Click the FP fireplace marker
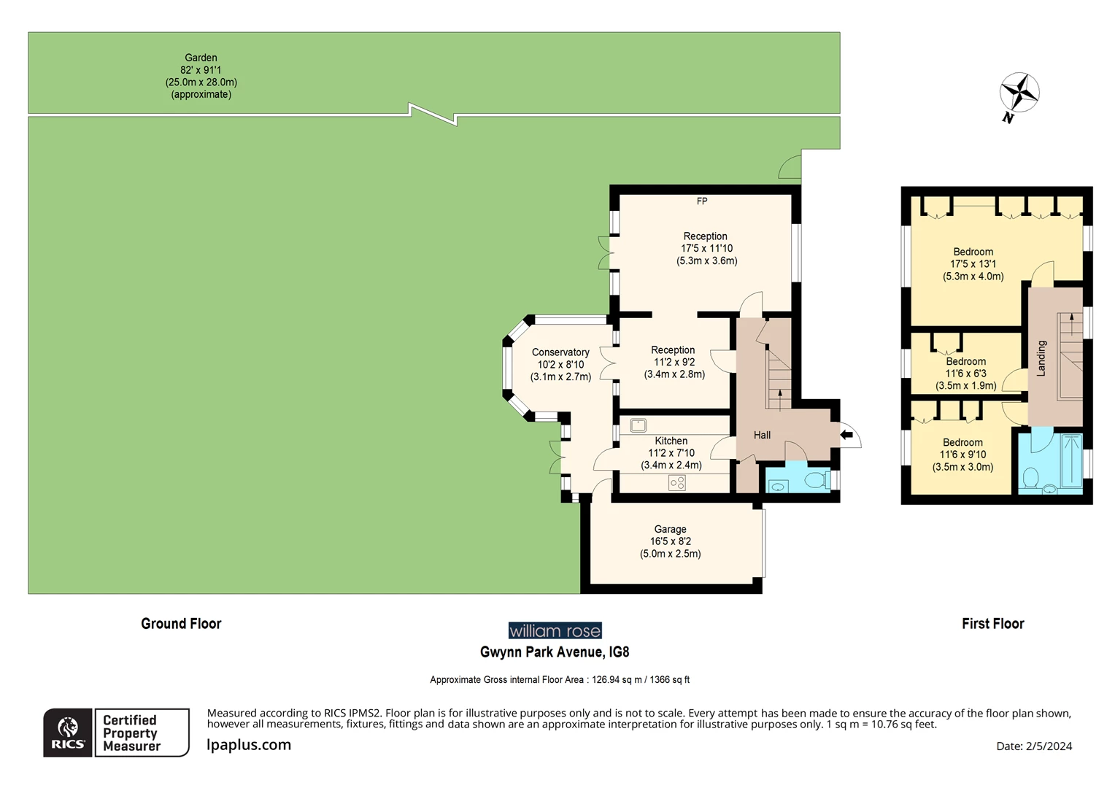tap(702, 201)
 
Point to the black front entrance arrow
tap(846, 435)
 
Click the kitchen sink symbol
tap(638, 425)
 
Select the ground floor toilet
tap(817, 480)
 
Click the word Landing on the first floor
tap(1041, 358)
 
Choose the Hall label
tap(762, 435)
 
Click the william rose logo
tap(555, 630)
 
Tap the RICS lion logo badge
tap(68, 733)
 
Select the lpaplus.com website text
tap(249, 745)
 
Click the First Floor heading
tap(993, 624)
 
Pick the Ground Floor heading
tap(181, 624)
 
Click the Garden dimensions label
tap(201, 76)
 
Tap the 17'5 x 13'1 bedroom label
tap(973, 264)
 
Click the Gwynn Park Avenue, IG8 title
tap(555, 652)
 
